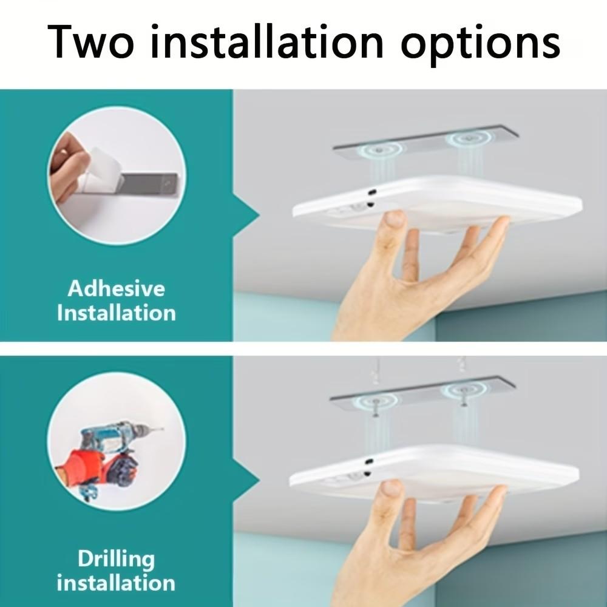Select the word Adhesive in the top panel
click(x=116, y=288)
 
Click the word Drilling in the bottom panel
click(x=116, y=558)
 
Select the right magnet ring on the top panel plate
click(x=468, y=139)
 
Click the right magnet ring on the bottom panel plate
click(x=464, y=391)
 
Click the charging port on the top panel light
click(x=370, y=191)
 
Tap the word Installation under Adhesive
click(x=116, y=313)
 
